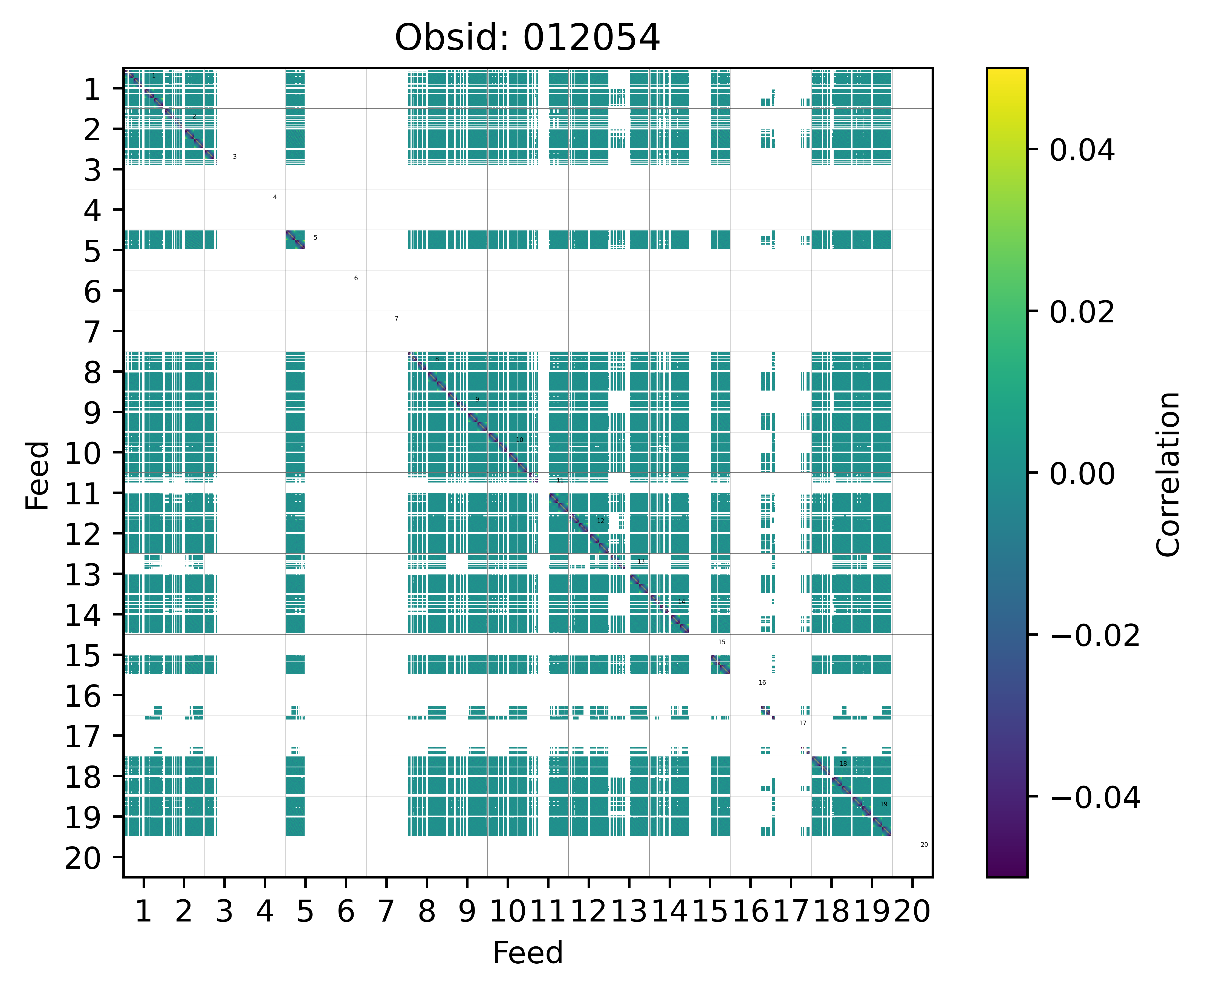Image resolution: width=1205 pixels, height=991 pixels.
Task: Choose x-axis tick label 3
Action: point(224,912)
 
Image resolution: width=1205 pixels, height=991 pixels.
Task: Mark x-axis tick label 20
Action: point(912,912)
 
